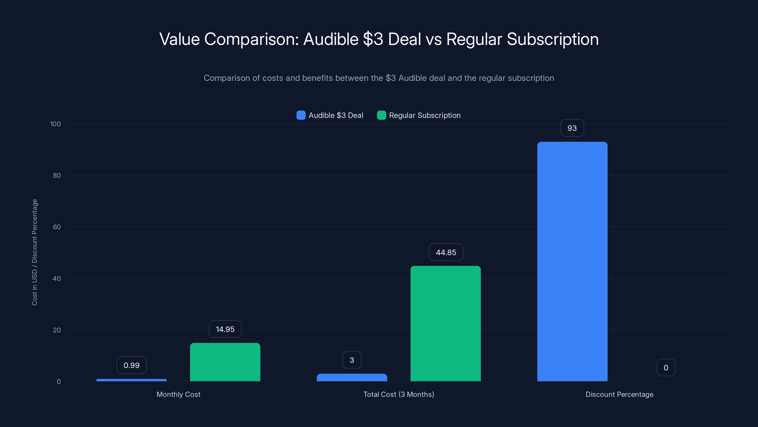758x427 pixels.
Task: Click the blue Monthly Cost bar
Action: coord(131,380)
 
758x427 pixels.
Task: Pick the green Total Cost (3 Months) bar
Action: coord(446,323)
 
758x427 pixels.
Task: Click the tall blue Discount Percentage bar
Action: coord(572,261)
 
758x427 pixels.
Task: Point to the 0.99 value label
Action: coord(131,365)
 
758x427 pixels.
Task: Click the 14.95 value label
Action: coord(225,329)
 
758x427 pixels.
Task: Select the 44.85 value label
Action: coord(446,252)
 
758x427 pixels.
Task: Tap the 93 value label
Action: coord(572,128)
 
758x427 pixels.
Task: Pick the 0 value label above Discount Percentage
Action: coord(666,367)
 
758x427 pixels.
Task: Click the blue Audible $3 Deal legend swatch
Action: coord(301,115)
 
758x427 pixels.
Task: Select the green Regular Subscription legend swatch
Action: coord(381,115)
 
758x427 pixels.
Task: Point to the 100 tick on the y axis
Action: coord(55,124)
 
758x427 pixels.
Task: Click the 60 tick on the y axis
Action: coord(57,227)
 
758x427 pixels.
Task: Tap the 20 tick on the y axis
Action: coord(57,330)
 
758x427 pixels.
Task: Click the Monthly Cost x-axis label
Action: coord(178,394)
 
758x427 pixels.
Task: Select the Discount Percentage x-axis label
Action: coord(619,394)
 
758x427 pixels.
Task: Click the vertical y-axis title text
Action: coord(34,252)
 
